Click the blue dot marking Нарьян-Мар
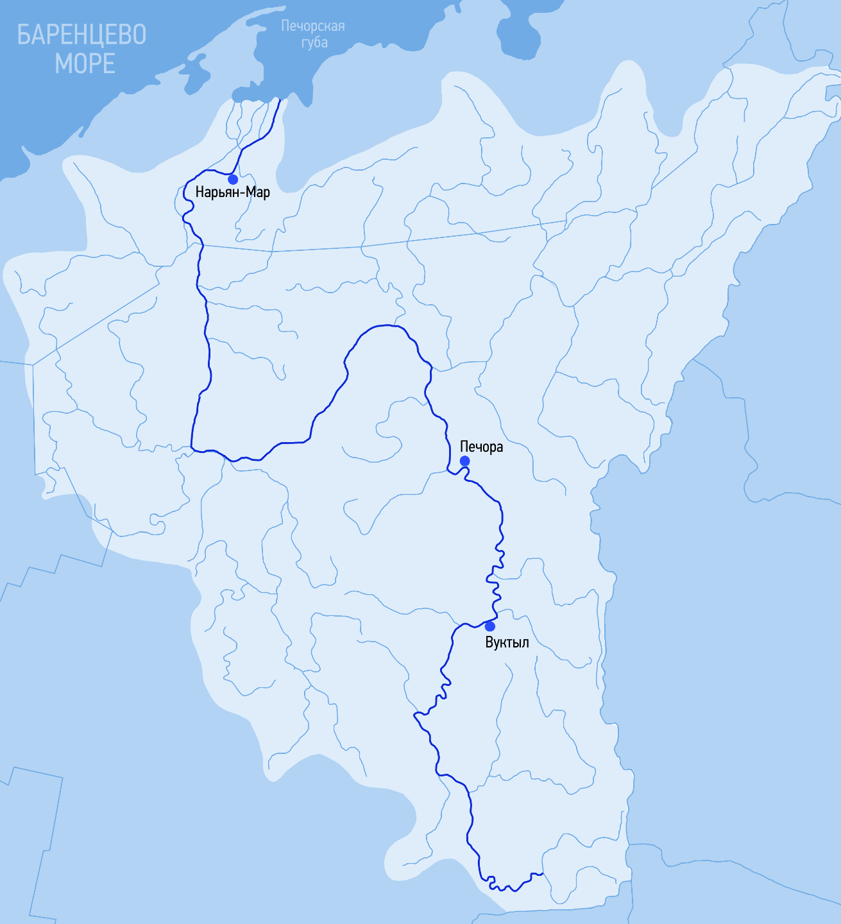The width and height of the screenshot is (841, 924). (x=233, y=179)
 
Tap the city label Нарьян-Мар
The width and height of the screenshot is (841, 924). (x=232, y=193)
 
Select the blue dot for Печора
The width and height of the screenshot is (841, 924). (x=464, y=461)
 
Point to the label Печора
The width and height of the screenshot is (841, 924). (x=481, y=447)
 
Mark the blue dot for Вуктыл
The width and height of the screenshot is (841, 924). (x=489, y=626)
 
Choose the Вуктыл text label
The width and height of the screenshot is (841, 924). (x=507, y=642)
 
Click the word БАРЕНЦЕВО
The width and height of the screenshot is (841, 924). (x=81, y=35)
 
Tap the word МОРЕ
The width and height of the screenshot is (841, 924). (x=85, y=64)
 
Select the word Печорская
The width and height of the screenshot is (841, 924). (x=313, y=26)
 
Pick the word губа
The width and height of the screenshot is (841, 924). (x=314, y=42)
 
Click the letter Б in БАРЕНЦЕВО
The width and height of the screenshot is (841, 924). (x=24, y=35)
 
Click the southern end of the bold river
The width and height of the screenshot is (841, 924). (x=542, y=873)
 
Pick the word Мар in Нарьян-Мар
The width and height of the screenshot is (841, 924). (x=258, y=193)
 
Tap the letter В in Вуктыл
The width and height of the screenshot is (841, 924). (x=489, y=642)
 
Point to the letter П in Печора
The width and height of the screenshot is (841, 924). (x=464, y=447)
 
